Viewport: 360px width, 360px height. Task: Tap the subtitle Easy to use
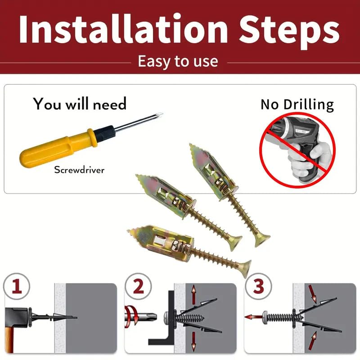178,61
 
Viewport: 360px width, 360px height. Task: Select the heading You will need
80,104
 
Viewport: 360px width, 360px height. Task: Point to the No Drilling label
297,104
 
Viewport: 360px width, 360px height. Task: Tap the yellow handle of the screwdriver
54,147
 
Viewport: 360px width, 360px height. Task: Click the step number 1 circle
17,286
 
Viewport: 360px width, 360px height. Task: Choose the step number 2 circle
136,286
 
